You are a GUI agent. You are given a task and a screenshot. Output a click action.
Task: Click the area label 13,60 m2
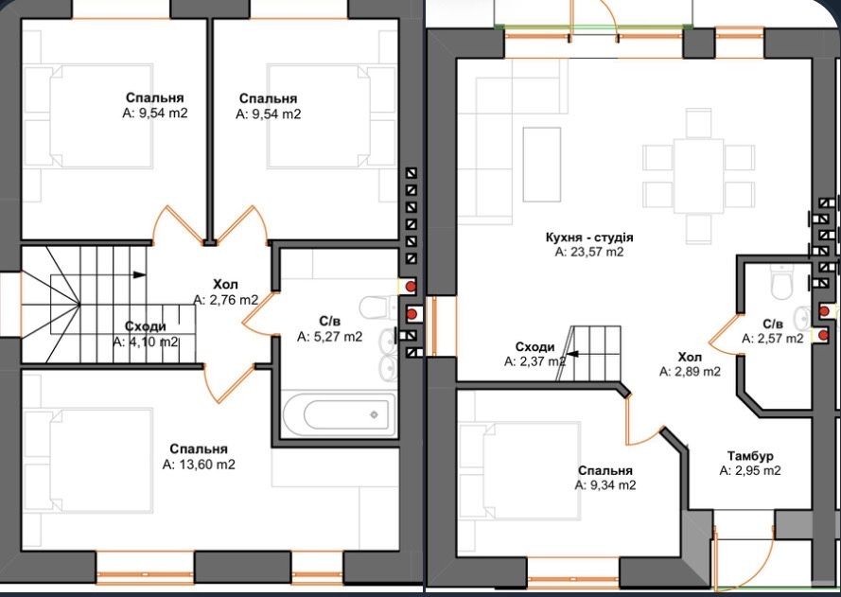click(199, 465)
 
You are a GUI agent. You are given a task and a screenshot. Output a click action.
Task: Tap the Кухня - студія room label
click(589, 237)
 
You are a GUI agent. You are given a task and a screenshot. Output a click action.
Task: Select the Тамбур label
click(750, 456)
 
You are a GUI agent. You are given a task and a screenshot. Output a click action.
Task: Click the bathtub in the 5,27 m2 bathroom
click(339, 414)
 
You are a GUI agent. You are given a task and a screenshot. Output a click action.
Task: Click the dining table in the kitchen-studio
click(699, 175)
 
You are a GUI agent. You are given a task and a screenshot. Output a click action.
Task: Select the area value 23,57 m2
click(589, 252)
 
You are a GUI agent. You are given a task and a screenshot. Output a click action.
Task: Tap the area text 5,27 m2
click(330, 337)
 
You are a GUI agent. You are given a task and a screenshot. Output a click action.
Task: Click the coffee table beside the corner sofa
click(542, 164)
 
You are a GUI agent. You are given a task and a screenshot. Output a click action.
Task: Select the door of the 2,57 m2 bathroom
click(726, 333)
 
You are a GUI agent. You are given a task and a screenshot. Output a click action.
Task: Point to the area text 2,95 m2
click(750, 471)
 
